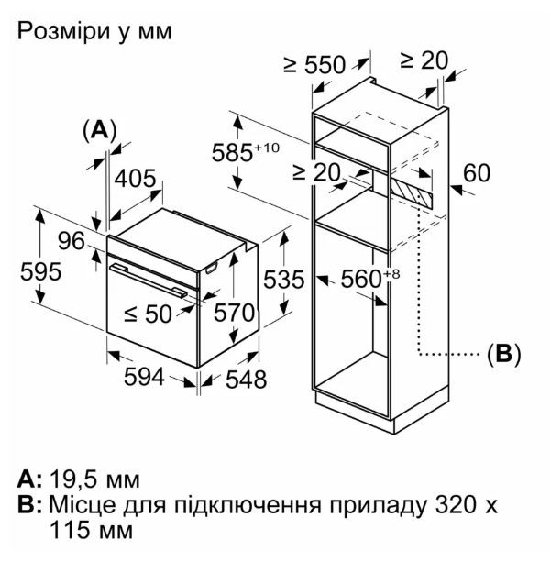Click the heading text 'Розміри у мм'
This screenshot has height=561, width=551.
click(x=94, y=32)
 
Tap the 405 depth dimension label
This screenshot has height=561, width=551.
click(x=136, y=178)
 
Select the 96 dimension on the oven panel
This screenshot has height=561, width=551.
click(x=72, y=241)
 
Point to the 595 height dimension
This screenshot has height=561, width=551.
click(x=40, y=271)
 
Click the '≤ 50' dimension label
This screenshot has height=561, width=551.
click(x=149, y=314)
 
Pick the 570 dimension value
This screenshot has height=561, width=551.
click(x=235, y=313)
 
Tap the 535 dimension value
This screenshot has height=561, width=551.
click(x=284, y=280)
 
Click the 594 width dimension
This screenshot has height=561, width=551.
click(x=144, y=377)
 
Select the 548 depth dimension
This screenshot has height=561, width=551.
click(x=246, y=379)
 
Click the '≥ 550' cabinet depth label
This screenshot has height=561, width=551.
click(x=314, y=65)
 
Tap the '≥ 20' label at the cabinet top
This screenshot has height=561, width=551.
click(x=424, y=60)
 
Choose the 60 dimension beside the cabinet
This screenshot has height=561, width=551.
click(x=477, y=173)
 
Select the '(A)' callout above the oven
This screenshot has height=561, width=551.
click(x=100, y=130)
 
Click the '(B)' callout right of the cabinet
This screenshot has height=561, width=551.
click(x=504, y=354)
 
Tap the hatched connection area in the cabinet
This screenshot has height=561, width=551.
click(x=412, y=192)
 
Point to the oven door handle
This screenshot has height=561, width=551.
click(x=149, y=280)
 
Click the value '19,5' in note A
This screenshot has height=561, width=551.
click(x=72, y=479)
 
